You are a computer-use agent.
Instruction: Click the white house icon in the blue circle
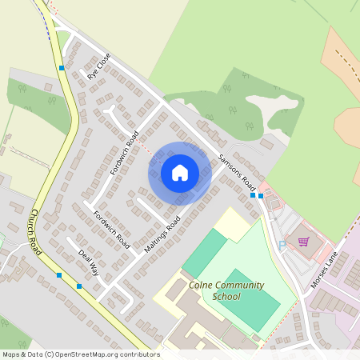[180, 173]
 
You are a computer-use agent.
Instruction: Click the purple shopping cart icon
[303, 240]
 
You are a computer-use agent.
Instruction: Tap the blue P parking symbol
[282, 244]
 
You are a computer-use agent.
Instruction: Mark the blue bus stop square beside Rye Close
[62, 68]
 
